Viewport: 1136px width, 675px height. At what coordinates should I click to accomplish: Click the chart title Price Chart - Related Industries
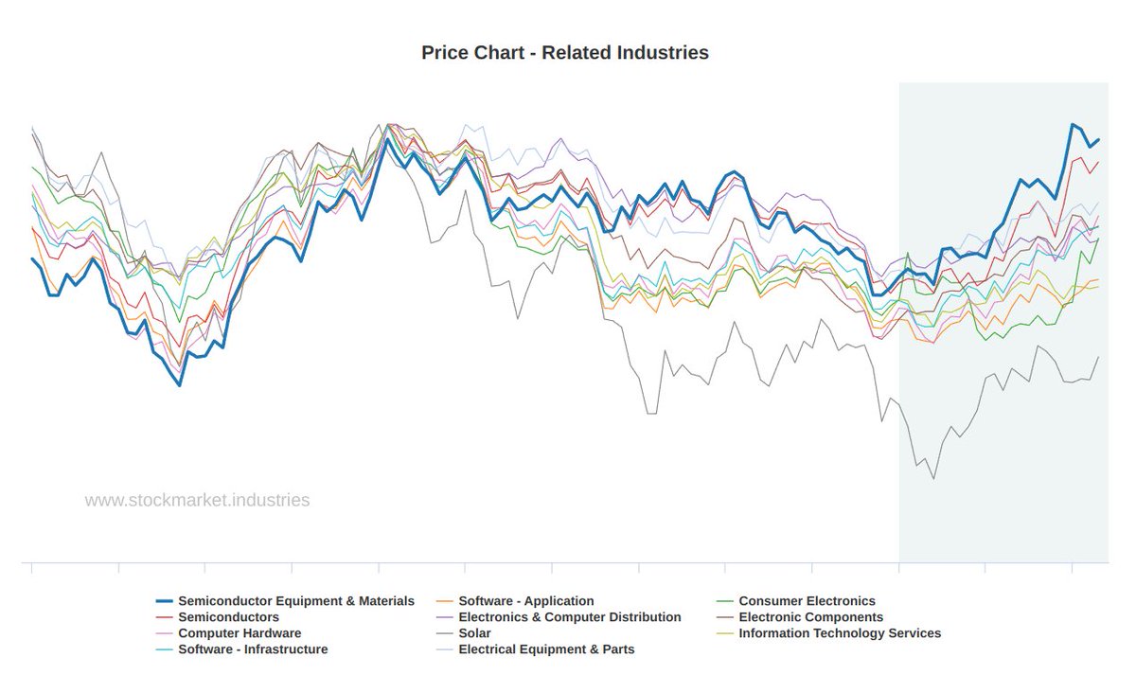tap(565, 53)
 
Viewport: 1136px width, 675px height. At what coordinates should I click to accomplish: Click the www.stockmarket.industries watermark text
tap(197, 500)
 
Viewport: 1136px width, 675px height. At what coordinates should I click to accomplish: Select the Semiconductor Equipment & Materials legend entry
tap(295, 601)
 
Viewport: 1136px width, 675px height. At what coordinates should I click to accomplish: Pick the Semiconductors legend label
tap(228, 617)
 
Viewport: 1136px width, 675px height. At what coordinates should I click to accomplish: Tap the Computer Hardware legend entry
tap(240, 633)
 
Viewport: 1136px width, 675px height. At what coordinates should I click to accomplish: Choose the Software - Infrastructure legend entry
tap(253, 649)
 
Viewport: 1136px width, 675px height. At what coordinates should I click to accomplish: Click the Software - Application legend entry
tap(525, 601)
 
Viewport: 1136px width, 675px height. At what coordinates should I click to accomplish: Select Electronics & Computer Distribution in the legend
tap(569, 617)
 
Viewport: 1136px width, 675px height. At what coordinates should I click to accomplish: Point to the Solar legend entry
tap(474, 633)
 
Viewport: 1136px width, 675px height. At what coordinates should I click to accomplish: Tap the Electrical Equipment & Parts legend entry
tap(546, 649)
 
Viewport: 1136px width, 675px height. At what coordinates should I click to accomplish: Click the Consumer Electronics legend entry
tap(807, 601)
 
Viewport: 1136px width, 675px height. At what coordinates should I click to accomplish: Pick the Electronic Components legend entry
tap(810, 617)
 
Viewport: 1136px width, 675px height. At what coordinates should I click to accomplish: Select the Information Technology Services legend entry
tap(840, 633)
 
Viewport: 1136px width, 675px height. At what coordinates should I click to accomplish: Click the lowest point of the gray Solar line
tap(933, 479)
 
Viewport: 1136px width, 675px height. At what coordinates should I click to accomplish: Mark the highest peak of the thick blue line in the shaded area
tap(1073, 124)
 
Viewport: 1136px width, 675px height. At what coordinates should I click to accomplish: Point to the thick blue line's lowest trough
tap(179, 385)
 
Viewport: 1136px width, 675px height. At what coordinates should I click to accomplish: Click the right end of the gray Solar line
tap(1098, 357)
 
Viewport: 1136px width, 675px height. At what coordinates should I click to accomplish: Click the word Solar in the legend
tap(474, 633)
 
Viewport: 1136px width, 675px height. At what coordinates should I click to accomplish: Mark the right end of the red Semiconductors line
tap(1098, 162)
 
